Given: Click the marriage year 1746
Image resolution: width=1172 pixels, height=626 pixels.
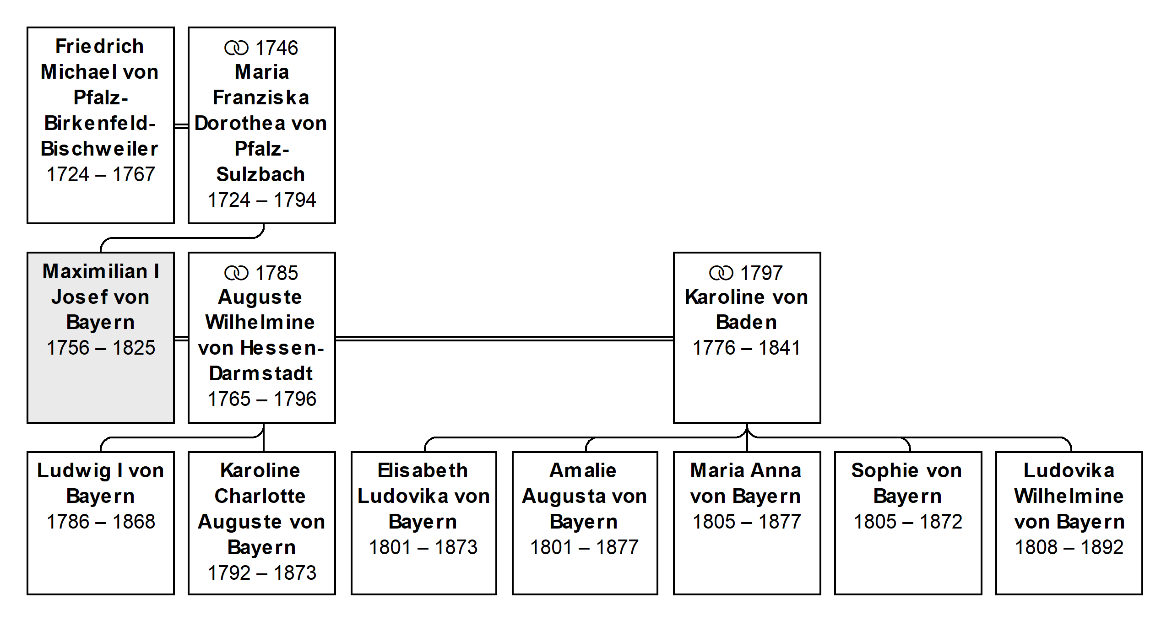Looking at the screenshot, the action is tap(277, 48).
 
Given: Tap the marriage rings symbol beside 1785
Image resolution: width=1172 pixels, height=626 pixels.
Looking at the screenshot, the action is tap(236, 273).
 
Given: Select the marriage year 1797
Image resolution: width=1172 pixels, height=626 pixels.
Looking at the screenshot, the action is tap(762, 273).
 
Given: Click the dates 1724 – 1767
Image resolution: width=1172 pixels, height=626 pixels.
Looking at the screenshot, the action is tap(101, 174).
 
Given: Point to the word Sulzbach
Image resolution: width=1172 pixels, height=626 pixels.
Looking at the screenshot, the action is tap(261, 174).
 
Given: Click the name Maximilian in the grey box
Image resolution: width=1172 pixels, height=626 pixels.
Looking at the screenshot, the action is tap(95, 271).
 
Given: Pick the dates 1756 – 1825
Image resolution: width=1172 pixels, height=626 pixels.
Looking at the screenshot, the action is tap(101, 348).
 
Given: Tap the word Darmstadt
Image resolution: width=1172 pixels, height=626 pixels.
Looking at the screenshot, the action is tap(261, 373).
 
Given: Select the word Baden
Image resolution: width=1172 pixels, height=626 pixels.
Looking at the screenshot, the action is tap(747, 322).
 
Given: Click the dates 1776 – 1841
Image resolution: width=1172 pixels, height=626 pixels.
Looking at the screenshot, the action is tap(747, 348).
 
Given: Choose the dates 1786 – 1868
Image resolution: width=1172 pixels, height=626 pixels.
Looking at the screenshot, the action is tap(101, 522).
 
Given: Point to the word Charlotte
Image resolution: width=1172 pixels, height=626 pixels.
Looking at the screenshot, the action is tap(260, 496).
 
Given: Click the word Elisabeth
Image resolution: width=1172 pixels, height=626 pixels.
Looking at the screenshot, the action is tap(423, 470).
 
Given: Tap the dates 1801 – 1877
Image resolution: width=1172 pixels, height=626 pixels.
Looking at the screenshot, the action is tap(584, 547).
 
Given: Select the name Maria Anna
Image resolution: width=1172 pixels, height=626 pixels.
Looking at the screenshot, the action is tap(746, 470).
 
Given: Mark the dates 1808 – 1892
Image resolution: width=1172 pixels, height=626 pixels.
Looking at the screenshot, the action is tap(1069, 547).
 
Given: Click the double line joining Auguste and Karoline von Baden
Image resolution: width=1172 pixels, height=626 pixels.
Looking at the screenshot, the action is tap(505, 339).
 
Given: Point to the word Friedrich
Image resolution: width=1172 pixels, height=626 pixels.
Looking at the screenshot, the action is tap(99, 46).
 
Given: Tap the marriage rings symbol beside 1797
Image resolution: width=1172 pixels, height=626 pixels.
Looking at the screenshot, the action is tap(721, 273).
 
